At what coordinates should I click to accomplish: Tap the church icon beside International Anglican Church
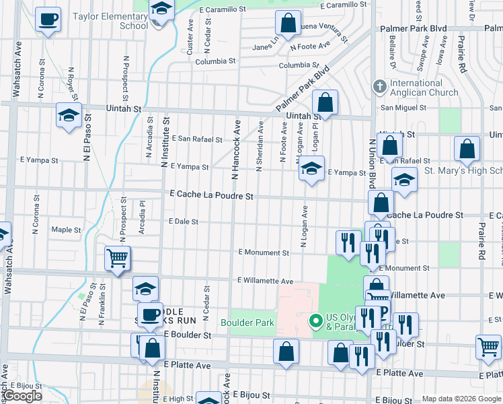(x=379, y=87)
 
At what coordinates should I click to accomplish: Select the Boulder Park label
(x=247, y=323)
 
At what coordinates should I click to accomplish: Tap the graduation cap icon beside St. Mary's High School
(x=404, y=180)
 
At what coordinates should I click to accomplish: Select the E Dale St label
(x=184, y=221)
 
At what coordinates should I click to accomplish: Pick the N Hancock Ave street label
(x=235, y=150)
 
